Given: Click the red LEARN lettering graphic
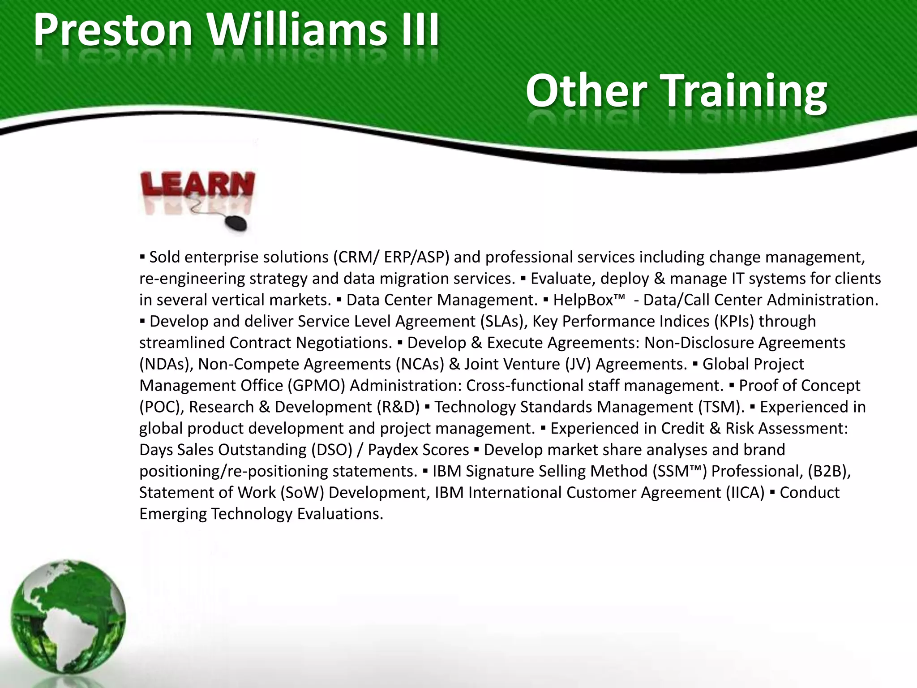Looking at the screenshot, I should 197,184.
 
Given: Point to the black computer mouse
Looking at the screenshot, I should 236,223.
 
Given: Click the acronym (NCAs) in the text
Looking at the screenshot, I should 420,364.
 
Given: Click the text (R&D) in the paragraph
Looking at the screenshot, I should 398,407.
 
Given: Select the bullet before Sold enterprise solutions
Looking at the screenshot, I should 142,258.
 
